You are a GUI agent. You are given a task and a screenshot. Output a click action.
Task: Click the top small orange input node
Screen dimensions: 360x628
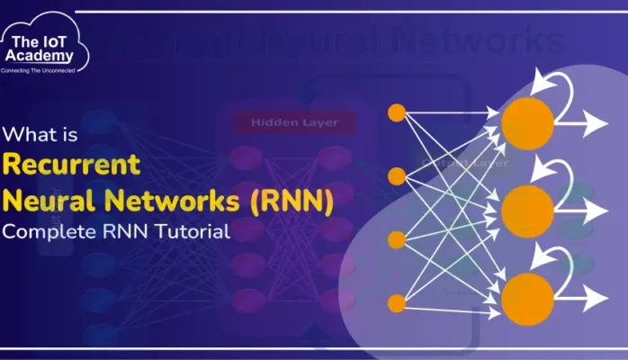396,112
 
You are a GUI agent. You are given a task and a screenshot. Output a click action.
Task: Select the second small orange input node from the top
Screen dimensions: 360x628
396,174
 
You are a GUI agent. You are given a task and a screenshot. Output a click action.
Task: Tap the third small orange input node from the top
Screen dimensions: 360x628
396,239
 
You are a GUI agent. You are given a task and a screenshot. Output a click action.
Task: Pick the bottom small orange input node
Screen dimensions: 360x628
396,301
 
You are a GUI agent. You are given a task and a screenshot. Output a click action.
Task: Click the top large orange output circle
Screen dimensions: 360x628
527,123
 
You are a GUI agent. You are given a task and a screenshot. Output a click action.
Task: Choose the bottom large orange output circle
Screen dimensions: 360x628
527,298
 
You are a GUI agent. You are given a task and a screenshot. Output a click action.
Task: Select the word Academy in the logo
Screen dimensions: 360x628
46,55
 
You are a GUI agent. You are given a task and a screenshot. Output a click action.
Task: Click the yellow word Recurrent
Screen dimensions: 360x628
71,165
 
